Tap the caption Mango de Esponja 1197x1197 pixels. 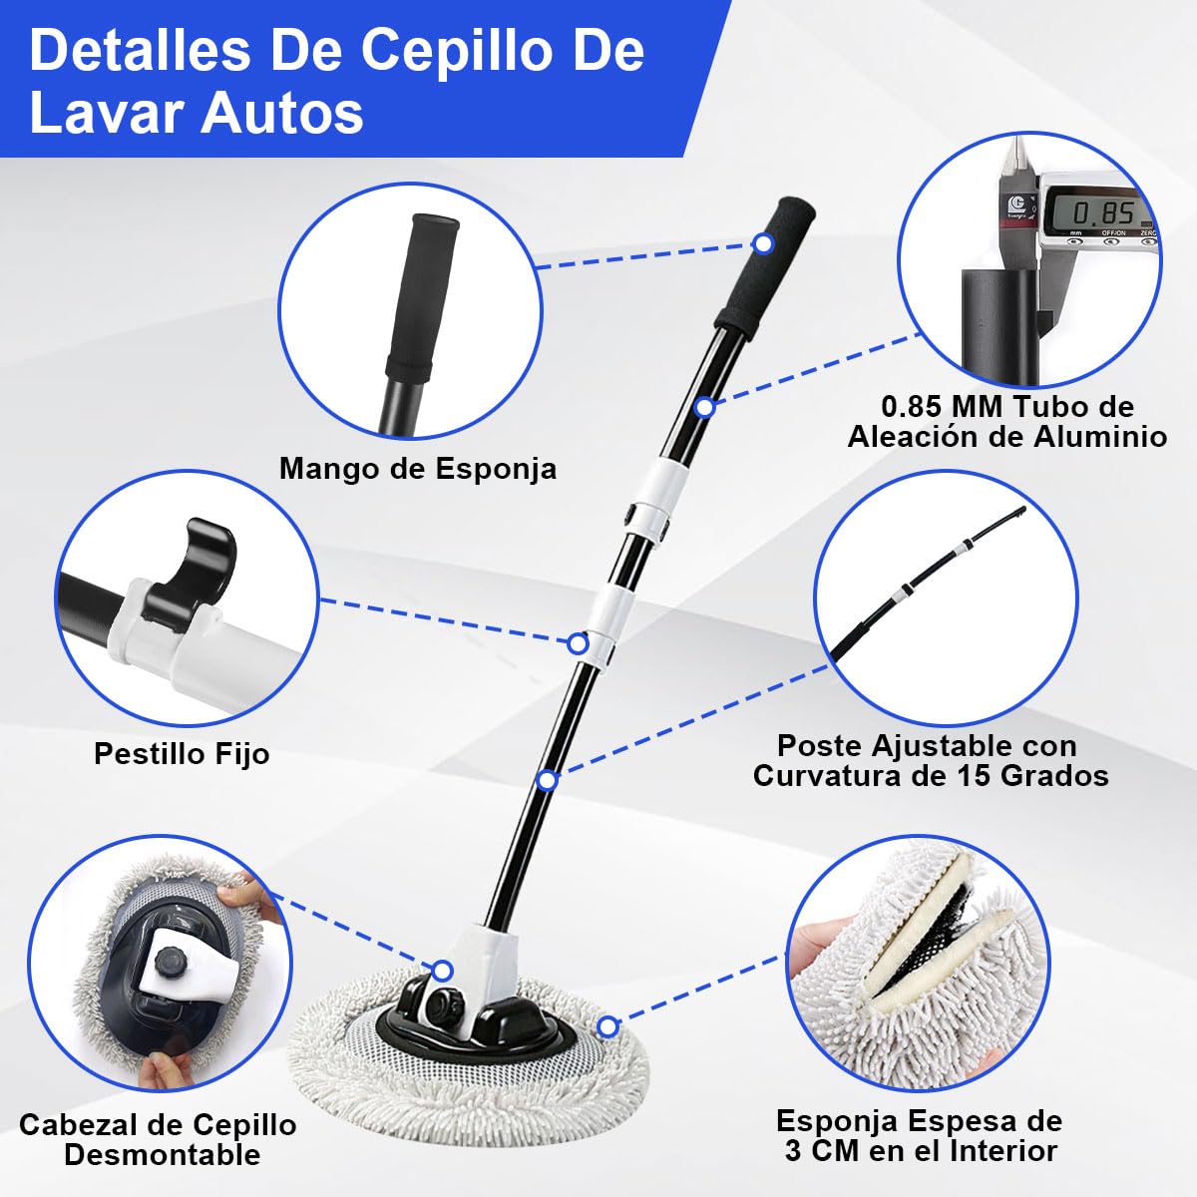(x=417, y=468)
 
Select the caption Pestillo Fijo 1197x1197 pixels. (x=182, y=753)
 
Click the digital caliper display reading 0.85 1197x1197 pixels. (x=1102, y=212)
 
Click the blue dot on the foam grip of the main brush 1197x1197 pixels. (x=763, y=243)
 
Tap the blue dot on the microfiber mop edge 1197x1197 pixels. (x=607, y=1025)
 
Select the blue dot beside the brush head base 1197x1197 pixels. (x=442, y=971)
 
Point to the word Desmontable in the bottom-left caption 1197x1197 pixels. (x=162, y=1155)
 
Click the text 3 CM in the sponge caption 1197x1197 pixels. (x=821, y=1150)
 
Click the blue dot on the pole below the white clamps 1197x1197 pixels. (x=546, y=780)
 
